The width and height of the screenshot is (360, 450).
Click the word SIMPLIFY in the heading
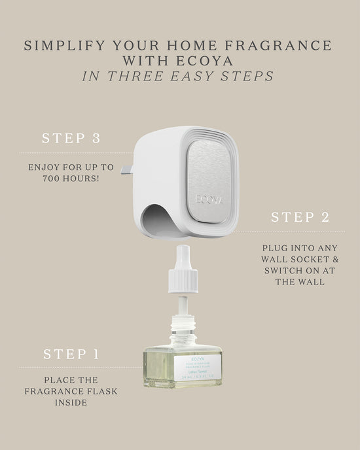(62, 46)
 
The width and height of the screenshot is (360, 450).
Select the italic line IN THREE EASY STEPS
(178, 76)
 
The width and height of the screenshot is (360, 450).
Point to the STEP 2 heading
(300, 217)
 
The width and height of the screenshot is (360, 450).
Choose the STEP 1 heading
(71, 354)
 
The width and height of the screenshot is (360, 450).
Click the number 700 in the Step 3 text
(54, 178)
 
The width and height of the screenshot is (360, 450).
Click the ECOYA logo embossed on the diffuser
(209, 199)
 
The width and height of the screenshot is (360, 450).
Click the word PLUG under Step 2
(275, 248)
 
